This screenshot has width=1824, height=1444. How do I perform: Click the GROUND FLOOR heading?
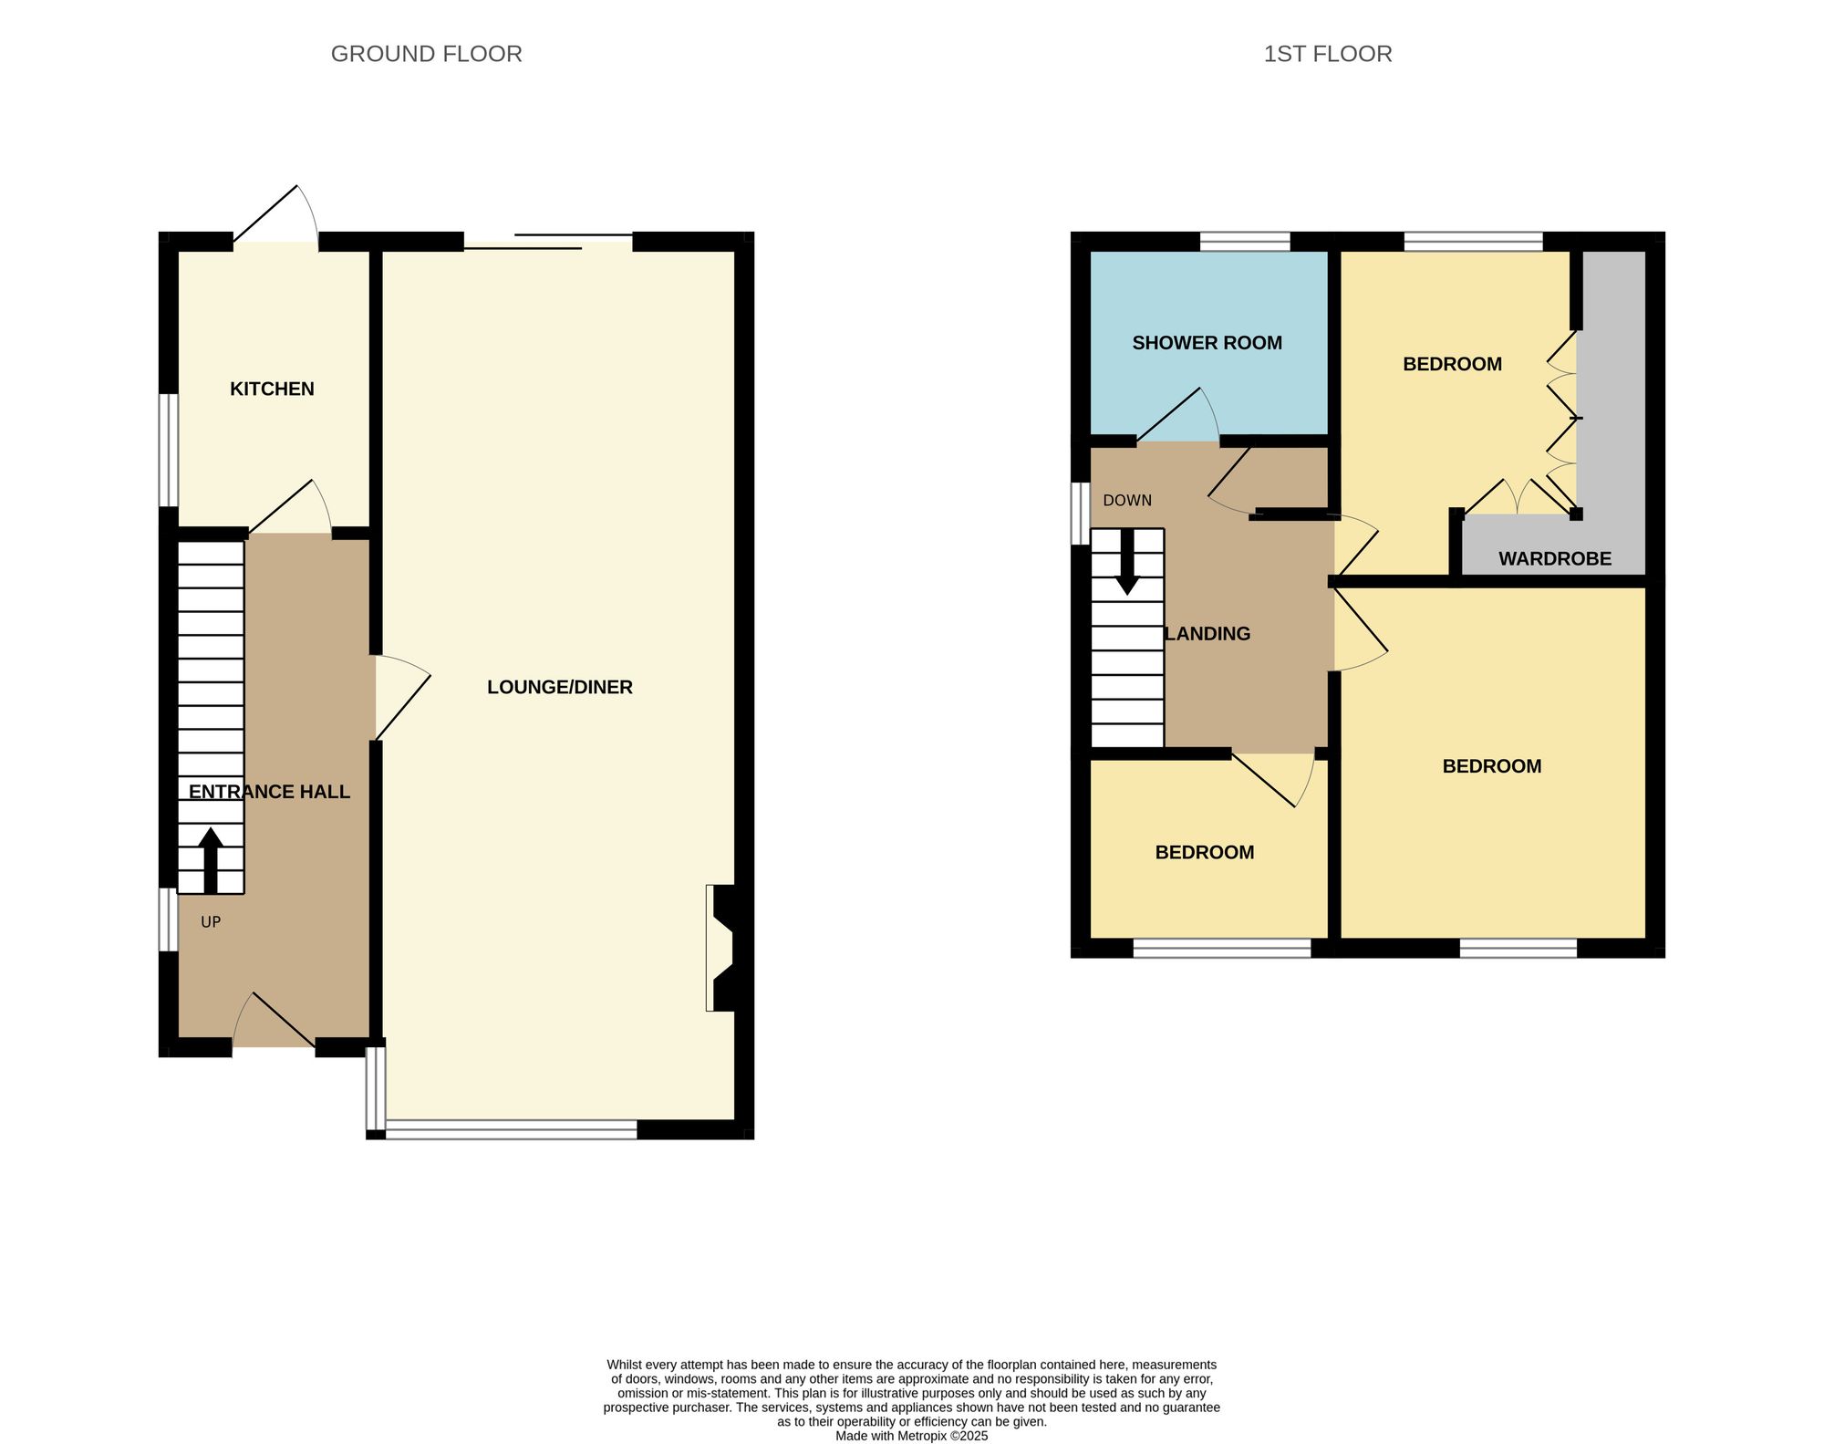click(x=426, y=54)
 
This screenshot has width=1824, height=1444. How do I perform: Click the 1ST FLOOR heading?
click(x=1327, y=54)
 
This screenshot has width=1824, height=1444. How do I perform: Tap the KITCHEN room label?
click(x=272, y=390)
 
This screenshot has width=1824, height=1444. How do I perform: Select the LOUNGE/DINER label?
click(x=559, y=688)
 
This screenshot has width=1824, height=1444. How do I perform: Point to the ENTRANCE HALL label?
click(x=269, y=792)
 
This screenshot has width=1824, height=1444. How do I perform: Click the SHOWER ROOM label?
click(x=1207, y=343)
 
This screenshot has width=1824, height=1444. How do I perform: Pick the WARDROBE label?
click(x=1554, y=559)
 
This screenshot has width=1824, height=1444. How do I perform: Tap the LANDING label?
click(x=1208, y=634)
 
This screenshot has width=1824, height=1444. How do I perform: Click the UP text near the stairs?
click(x=211, y=922)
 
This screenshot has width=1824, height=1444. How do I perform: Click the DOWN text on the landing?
click(x=1127, y=501)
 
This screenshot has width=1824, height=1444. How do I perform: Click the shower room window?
click(x=1245, y=241)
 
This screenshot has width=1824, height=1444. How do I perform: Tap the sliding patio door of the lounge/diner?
click(x=548, y=242)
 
